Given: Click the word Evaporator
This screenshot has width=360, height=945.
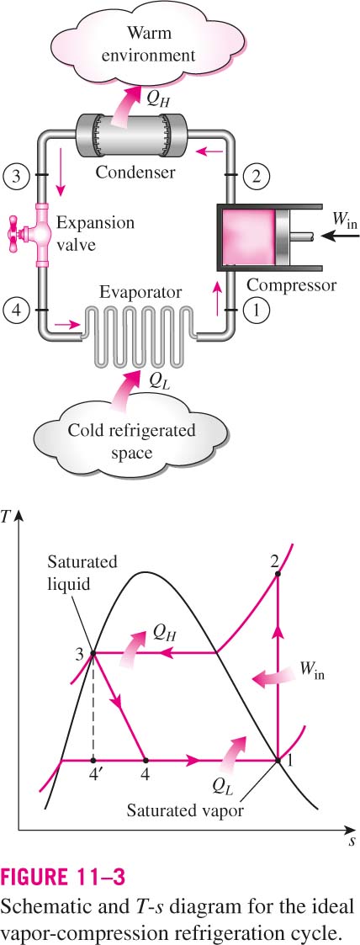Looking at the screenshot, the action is tap(140, 292).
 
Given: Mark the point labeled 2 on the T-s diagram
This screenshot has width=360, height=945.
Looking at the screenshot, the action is tap(278, 574).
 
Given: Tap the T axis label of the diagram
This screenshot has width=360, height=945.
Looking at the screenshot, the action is tap(8, 517).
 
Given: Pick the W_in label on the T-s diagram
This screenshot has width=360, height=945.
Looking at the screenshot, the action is tap(310, 669).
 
